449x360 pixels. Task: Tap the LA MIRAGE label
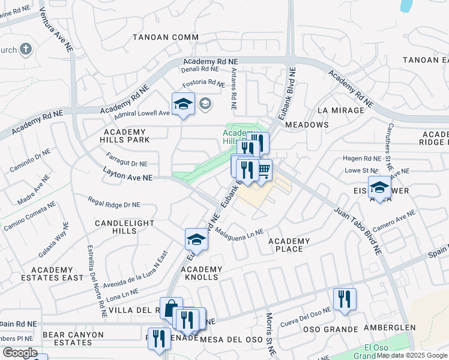pyautogui.click(x=340, y=110)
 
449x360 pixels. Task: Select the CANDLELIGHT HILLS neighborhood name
pyautogui.click(x=124, y=227)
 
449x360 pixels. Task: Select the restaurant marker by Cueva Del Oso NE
pyautogui.click(x=345, y=299)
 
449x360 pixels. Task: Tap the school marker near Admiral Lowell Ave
pyautogui.click(x=183, y=104)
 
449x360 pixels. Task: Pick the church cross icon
pyautogui.click(x=26, y=49)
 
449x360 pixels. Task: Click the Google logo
pyautogui.click(x=20, y=353)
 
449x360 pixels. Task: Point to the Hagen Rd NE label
pyautogui.click(x=361, y=158)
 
